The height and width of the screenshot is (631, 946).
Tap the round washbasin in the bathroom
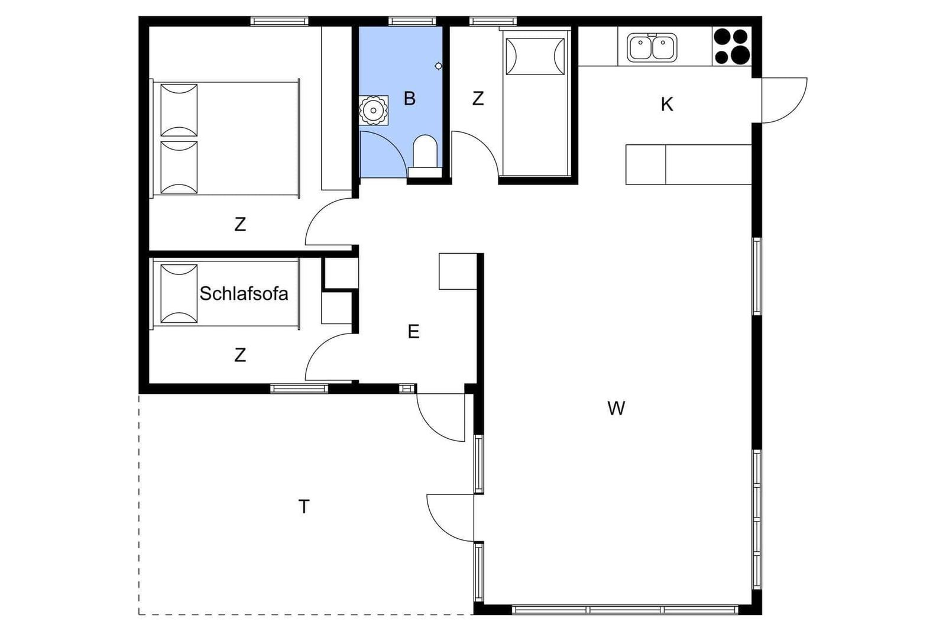point(373,111)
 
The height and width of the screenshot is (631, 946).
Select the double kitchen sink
point(652,47)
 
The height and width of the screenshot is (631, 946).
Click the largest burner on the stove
point(740,55)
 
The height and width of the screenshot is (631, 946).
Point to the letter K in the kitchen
point(667,104)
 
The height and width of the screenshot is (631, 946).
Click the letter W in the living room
point(616,409)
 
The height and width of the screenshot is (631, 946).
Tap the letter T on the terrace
point(304,506)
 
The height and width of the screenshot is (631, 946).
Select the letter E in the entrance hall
point(413,332)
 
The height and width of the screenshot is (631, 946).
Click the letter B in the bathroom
point(410,98)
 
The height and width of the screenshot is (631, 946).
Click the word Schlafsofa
point(244,293)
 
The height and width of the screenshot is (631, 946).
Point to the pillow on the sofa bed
point(179,294)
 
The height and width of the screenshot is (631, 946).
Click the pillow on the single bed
point(535,57)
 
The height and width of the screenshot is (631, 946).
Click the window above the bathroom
point(412,21)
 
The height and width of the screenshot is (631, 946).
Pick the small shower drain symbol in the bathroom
point(438,66)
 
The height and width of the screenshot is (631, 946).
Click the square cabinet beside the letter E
point(458,271)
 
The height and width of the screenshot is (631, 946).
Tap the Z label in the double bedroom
point(240,224)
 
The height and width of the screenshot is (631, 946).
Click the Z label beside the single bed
point(478,98)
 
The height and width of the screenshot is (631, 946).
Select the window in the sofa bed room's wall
point(299,389)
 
